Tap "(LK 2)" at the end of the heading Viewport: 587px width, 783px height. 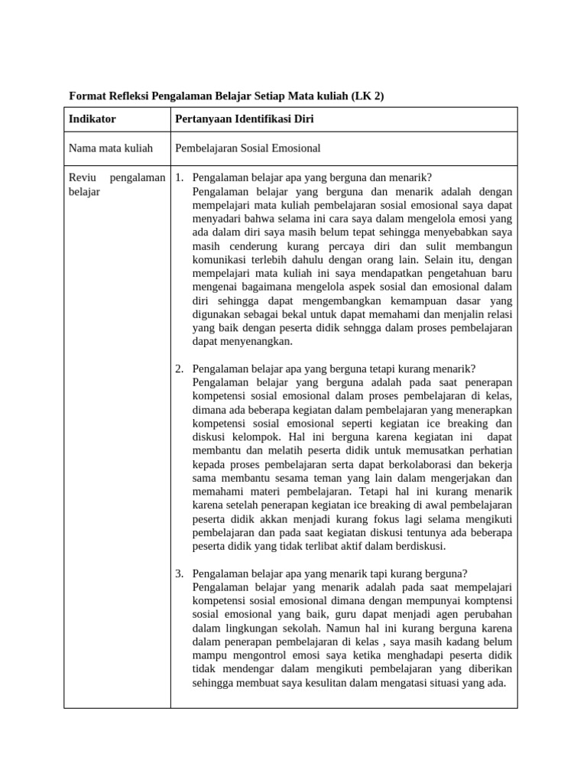368,97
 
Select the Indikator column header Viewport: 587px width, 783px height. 92,120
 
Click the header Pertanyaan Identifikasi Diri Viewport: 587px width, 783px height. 245,120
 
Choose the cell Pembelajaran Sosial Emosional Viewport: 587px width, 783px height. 248,148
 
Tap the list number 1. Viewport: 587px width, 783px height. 180,178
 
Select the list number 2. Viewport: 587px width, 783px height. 180,369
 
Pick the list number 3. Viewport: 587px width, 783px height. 180,573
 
